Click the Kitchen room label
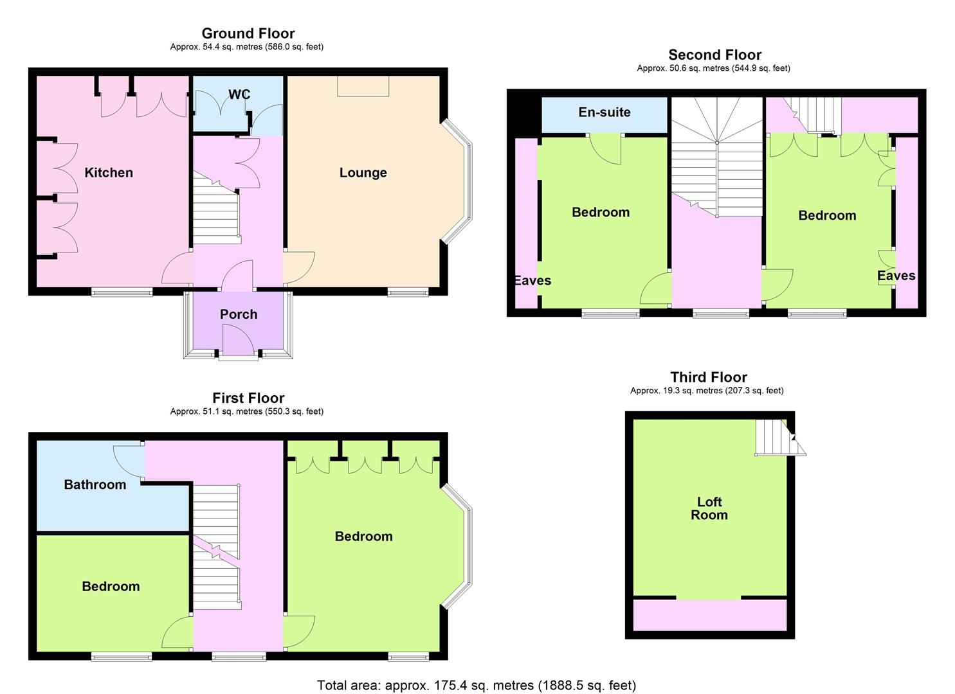[109, 173]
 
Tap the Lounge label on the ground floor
[363, 173]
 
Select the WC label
[239, 94]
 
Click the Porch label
[239, 314]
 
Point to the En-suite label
[605, 112]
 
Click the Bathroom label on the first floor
[95, 485]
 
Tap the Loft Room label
[709, 508]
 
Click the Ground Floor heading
[248, 33]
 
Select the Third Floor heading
[709, 377]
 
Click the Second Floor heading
[715, 55]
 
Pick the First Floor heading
[248, 398]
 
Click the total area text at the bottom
[477, 685]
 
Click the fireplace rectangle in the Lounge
[363, 87]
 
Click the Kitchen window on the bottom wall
[122, 292]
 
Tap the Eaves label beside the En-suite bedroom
[533, 281]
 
